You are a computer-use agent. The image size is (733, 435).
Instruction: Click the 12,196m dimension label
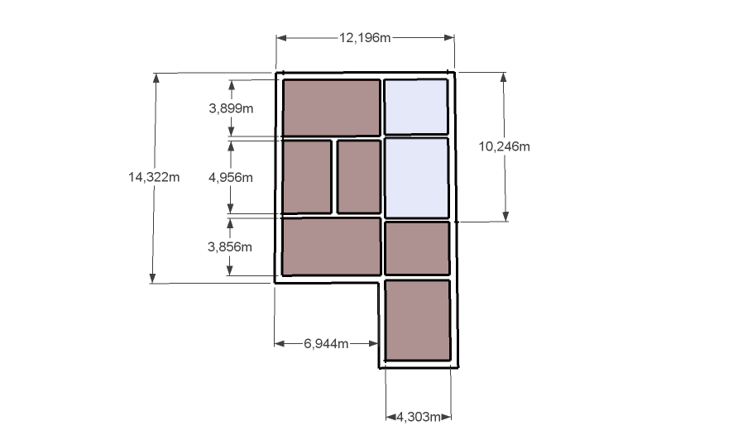(x=365, y=37)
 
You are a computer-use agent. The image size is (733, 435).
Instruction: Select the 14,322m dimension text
(x=154, y=177)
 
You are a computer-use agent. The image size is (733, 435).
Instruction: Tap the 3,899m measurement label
(x=231, y=108)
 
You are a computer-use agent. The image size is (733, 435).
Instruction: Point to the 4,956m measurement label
(x=231, y=178)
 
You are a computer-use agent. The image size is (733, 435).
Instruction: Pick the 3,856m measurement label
(x=229, y=246)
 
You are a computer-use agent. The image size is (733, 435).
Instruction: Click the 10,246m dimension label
(x=504, y=146)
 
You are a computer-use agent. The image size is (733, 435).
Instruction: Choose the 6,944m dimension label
(x=326, y=344)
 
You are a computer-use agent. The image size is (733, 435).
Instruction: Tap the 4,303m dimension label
(x=419, y=417)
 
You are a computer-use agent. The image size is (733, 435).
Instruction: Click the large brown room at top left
(x=332, y=108)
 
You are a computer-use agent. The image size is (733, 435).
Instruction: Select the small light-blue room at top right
(x=416, y=107)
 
